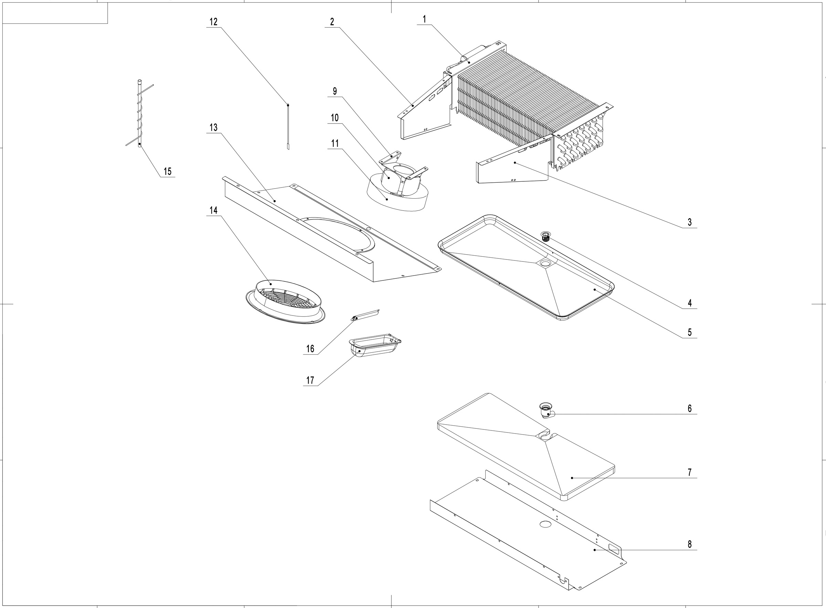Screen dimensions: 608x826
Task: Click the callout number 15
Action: coord(168,171)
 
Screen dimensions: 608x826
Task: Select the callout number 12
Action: coord(213,22)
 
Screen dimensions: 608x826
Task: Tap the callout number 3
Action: coord(689,222)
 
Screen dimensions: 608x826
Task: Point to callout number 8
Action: coord(689,544)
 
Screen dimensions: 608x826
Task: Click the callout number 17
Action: coord(310,380)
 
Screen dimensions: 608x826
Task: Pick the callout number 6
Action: coord(689,408)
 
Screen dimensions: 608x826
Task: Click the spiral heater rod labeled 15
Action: coord(139,114)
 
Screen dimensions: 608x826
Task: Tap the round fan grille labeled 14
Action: coord(285,302)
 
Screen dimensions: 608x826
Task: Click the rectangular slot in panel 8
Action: coord(614,548)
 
